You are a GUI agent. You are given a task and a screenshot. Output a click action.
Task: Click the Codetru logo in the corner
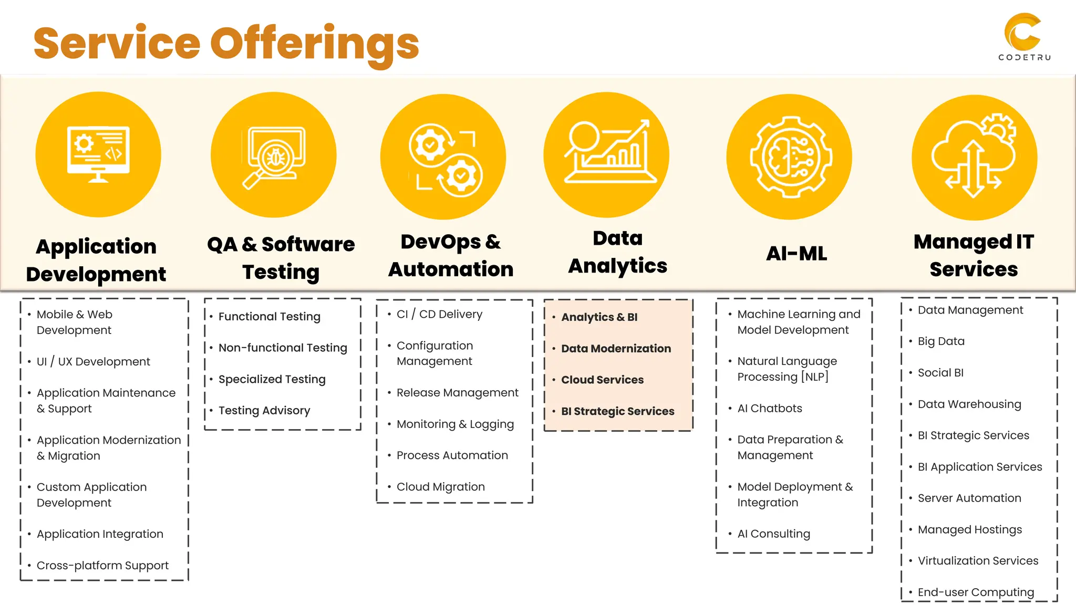pyautogui.click(x=1023, y=37)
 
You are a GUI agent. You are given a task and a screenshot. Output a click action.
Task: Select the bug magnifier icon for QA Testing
pyautogui.click(x=274, y=155)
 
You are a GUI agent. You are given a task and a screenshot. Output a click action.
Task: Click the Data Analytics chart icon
pyautogui.click(x=607, y=153)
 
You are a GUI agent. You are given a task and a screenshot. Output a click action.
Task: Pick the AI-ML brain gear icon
pyautogui.click(x=790, y=157)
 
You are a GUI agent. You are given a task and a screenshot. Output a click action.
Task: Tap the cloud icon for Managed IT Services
pyautogui.click(x=975, y=157)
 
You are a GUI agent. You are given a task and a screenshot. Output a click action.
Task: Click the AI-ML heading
pyautogui.click(x=796, y=254)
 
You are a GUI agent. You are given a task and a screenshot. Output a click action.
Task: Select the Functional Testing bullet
pyautogui.click(x=269, y=317)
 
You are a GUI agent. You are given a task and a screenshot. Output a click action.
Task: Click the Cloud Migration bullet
pyautogui.click(x=440, y=487)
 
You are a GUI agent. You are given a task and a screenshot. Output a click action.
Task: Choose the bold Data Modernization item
pyautogui.click(x=616, y=349)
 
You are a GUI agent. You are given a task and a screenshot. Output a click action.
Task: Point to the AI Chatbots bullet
pyautogui.click(x=770, y=409)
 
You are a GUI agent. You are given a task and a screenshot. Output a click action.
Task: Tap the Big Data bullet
pyautogui.click(x=941, y=341)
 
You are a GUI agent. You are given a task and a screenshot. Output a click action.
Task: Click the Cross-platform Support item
pyautogui.click(x=102, y=566)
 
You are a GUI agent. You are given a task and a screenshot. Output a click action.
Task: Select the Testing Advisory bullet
pyautogui.click(x=264, y=411)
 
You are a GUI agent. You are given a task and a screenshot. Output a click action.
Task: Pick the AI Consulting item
pyautogui.click(x=773, y=534)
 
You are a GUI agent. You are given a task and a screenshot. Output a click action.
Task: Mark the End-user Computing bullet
pyautogui.click(x=976, y=592)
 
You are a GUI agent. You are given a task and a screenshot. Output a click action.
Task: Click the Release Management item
pyautogui.click(x=457, y=393)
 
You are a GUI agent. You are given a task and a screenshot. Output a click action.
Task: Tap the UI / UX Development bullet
pyautogui.click(x=93, y=362)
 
